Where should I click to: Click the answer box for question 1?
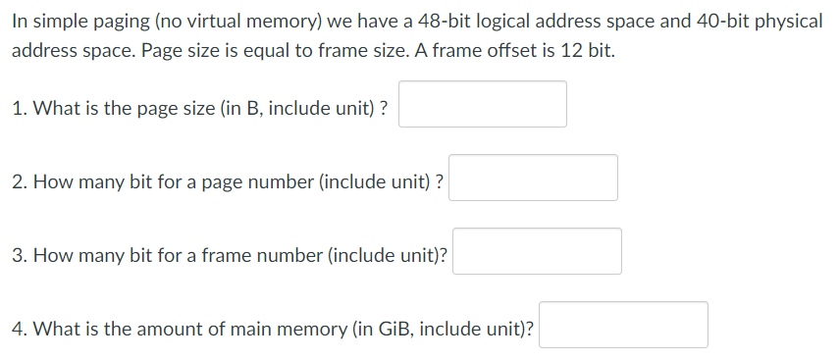pos(482,104)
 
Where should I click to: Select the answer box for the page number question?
pos(533,178)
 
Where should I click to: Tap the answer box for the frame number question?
pos(537,251)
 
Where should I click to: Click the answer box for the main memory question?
pos(623,325)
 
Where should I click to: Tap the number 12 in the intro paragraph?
pos(550,51)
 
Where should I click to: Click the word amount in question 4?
pos(165,329)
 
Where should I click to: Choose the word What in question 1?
pos(55,108)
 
